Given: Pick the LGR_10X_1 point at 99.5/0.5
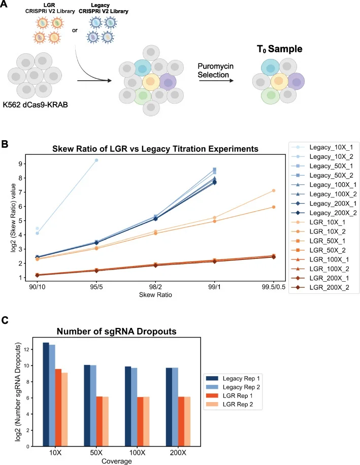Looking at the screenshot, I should (274, 190).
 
